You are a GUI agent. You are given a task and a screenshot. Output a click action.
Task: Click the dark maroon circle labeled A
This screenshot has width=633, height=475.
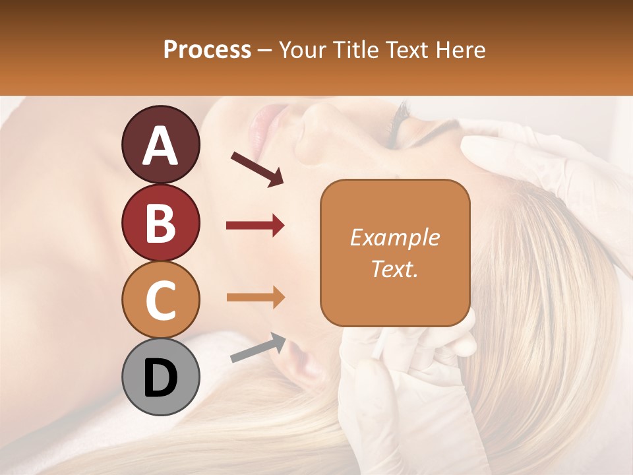[x=160, y=145]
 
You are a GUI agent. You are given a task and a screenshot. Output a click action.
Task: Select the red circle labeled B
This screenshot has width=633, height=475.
[x=160, y=223]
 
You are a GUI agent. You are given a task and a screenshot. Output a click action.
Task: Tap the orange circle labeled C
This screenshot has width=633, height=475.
[x=160, y=300]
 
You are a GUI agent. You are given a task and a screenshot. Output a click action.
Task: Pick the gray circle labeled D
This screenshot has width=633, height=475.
[x=160, y=377]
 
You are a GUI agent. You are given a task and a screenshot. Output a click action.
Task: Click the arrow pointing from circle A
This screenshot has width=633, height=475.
[x=257, y=169]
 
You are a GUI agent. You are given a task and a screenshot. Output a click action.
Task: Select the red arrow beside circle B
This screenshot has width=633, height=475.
[x=255, y=226]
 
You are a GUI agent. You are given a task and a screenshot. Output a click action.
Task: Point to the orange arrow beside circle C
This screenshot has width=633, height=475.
[x=255, y=297]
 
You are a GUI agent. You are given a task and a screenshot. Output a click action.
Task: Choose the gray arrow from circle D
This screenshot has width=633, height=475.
[x=258, y=348]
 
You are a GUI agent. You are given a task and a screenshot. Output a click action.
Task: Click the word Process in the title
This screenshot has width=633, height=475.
[x=207, y=50]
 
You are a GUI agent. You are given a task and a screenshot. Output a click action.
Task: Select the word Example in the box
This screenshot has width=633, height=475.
[x=394, y=237]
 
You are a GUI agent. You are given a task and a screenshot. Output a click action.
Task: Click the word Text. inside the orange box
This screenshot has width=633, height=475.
[x=394, y=269]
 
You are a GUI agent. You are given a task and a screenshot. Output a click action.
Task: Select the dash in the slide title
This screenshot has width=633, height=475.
[x=265, y=50]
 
